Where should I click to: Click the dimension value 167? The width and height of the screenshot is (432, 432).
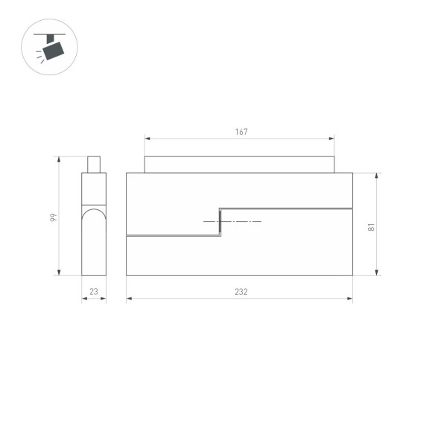[x=241, y=132]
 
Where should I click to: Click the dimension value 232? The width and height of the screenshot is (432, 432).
[x=240, y=292]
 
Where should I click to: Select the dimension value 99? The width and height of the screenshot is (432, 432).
[x=53, y=216]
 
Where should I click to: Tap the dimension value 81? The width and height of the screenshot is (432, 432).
[x=371, y=228]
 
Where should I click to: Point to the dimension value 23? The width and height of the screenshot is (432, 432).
[x=94, y=292]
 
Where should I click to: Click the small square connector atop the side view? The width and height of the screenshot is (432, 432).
[x=94, y=164]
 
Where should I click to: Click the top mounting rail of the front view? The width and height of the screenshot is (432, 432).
[x=239, y=165]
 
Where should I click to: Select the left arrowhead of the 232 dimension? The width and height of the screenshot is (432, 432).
[x=129, y=299]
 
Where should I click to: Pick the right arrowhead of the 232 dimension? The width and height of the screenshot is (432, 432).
[x=350, y=299]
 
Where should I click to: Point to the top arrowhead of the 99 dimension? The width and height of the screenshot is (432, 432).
[x=60, y=159]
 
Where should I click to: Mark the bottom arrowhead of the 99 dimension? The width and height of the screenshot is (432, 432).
[x=60, y=273]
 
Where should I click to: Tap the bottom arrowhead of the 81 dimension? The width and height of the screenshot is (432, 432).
[x=377, y=273]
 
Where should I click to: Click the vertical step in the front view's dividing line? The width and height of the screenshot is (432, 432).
[x=220, y=222]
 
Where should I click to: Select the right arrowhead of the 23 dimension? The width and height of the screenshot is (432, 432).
[x=104, y=299]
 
